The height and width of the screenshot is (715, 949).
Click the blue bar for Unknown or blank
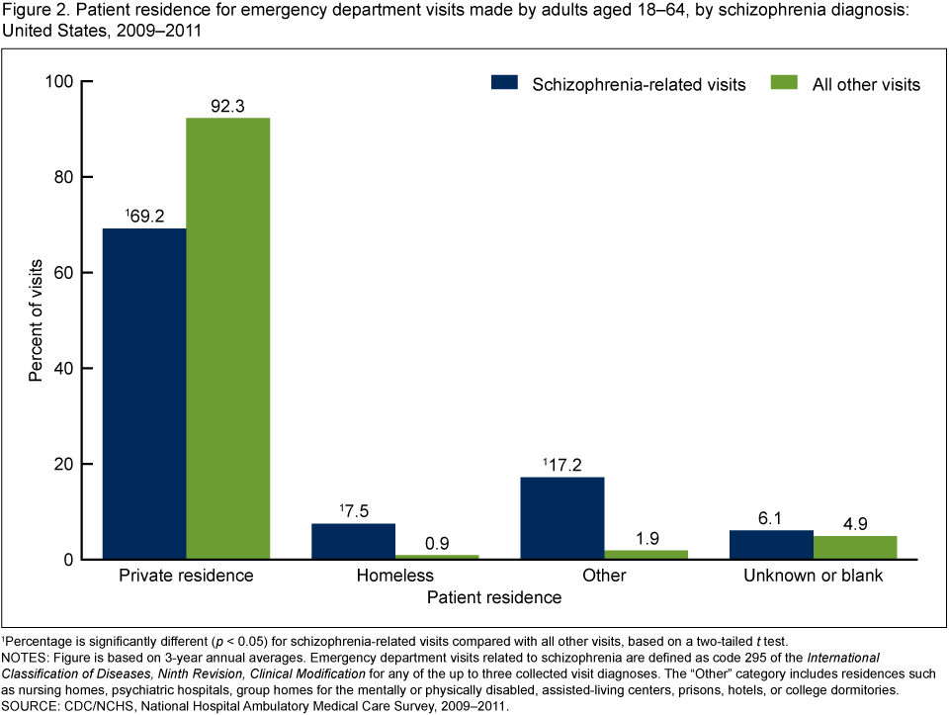[771, 545]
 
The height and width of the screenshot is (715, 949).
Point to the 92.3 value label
[227, 105]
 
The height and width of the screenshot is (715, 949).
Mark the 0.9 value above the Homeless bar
[437, 542]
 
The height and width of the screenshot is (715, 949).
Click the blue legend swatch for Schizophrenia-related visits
[504, 84]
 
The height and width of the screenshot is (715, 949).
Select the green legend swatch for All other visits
[784, 84]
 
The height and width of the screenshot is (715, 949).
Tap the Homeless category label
[395, 576]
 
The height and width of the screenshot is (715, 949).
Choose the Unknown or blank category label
[813, 576]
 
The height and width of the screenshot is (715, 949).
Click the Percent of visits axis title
[37, 319]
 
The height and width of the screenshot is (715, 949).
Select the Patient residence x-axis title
[494, 598]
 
